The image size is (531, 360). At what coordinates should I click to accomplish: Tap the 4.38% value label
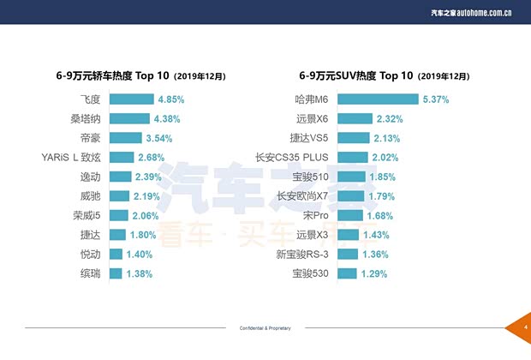point(170,119)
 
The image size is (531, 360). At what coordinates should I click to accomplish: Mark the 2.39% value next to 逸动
point(149,177)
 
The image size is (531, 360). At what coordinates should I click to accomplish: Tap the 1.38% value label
point(139,273)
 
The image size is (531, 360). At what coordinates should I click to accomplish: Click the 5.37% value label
point(436,99)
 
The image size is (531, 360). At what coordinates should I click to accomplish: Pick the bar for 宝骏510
point(351,177)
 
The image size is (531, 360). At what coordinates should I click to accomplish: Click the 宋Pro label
point(317,215)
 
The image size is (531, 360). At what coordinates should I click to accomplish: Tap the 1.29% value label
point(374,273)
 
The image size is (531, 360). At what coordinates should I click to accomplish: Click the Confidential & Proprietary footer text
point(265,328)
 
